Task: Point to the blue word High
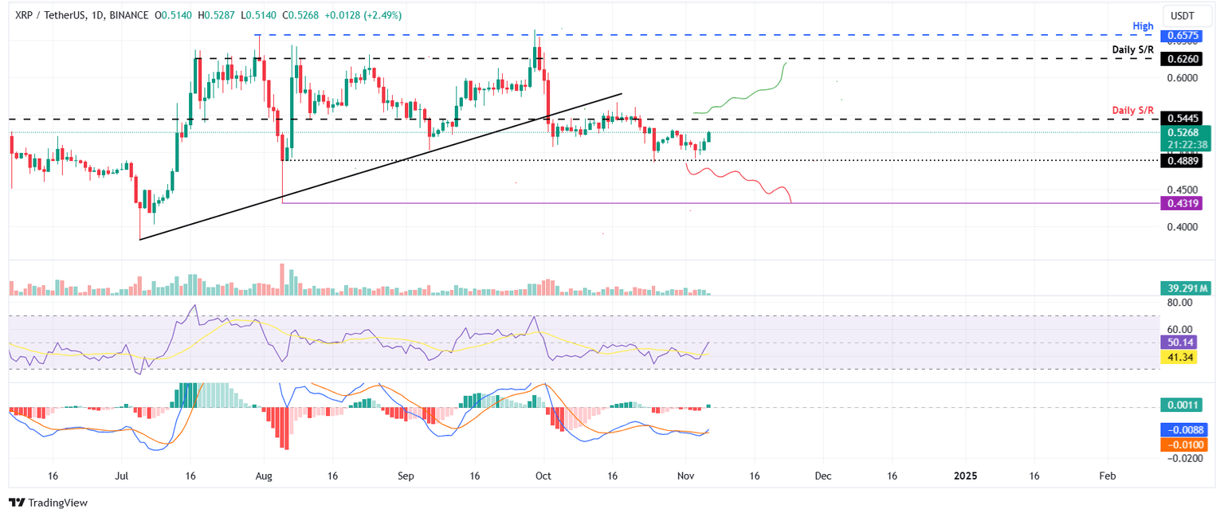[1143, 26]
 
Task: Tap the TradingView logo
[48, 503]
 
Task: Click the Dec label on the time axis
[823, 476]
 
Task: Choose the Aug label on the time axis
[265, 476]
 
